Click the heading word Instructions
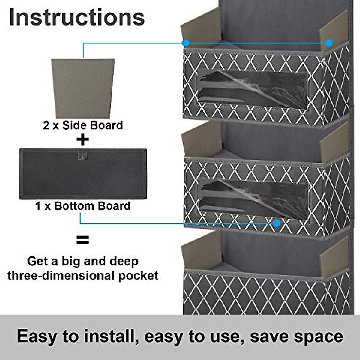[77, 17]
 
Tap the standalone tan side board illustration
[83, 88]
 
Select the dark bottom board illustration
[83, 174]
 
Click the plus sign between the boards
[83, 139]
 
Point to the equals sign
[83, 240]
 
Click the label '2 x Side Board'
[83, 125]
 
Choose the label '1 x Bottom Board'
[83, 206]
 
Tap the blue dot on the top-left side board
[186, 43]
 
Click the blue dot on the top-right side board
[329, 43]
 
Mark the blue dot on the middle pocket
[277, 223]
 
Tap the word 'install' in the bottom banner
[108, 336]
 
